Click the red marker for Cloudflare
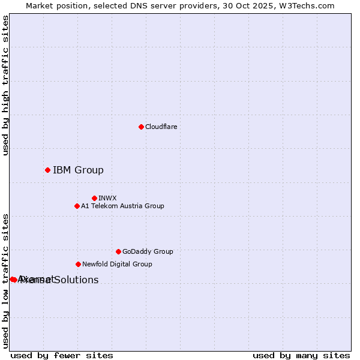(141, 127)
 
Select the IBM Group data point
(47, 170)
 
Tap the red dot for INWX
(94, 198)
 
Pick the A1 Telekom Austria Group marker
(77, 206)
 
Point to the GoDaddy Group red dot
(118, 251)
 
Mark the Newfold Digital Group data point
(78, 264)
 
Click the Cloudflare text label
(161, 127)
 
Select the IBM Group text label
(78, 170)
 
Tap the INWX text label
(107, 198)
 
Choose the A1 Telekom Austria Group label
(122, 206)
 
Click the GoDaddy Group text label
(148, 251)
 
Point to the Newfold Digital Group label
(117, 264)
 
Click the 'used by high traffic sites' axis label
(5, 85)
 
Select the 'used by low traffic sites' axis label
(5, 281)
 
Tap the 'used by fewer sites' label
(62, 355)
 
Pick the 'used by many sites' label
(301, 355)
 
